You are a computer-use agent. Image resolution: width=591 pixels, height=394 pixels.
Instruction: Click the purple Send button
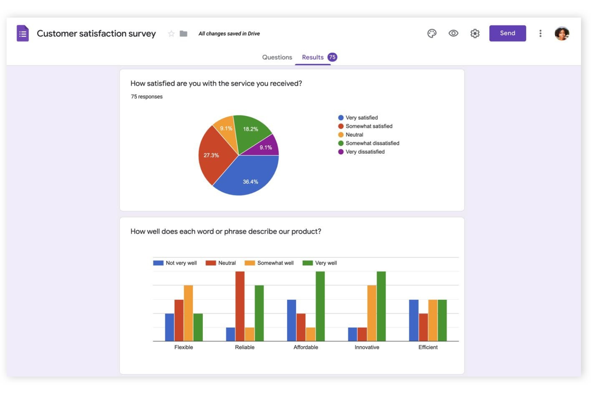click(507, 33)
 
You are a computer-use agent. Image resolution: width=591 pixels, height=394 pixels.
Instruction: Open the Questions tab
click(277, 57)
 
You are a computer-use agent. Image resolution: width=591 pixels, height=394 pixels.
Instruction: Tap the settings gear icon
click(474, 34)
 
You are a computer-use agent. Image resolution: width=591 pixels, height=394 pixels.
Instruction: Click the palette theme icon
click(432, 34)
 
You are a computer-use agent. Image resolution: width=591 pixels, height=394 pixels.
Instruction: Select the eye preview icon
click(453, 34)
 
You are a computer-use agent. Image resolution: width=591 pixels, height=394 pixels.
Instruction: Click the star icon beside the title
click(171, 34)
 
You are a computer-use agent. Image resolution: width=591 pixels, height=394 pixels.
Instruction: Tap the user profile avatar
click(561, 34)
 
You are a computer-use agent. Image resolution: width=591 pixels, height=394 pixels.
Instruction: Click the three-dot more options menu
click(540, 34)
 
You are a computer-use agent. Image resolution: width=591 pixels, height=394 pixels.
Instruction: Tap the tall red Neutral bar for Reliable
click(240, 306)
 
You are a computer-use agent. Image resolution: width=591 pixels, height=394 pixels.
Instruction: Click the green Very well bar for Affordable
click(320, 306)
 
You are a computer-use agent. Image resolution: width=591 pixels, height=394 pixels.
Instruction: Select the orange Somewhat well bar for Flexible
click(188, 313)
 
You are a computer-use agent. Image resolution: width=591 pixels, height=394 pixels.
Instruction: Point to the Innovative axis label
click(367, 347)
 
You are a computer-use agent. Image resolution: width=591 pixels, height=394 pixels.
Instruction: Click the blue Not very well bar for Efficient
click(413, 320)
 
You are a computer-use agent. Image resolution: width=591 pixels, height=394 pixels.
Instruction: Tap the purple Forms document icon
click(23, 34)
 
